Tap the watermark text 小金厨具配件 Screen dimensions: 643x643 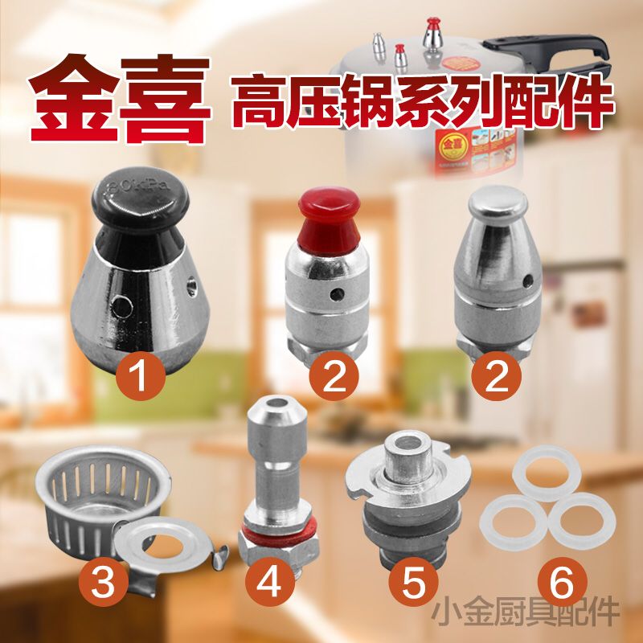(x=526, y=610)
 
